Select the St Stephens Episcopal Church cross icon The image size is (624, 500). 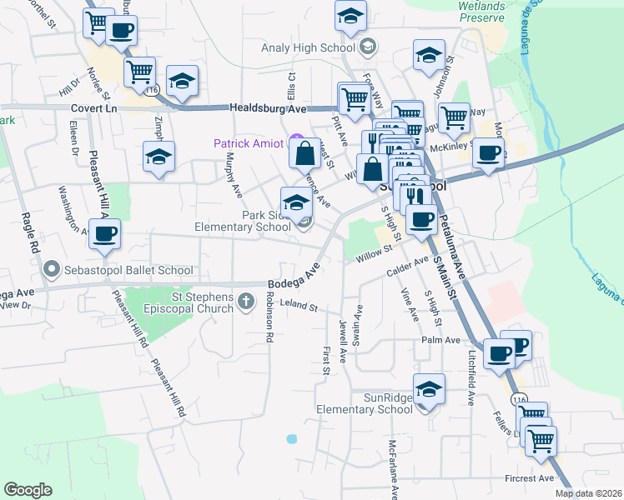coord(245,301)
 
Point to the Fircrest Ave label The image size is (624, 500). coord(529,478)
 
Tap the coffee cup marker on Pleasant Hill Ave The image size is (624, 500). coord(104,234)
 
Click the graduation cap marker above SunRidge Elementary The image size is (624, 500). coord(429,388)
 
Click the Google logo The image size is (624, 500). coord(28,490)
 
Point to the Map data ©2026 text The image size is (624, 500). coord(588,493)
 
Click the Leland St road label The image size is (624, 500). coord(302,307)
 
